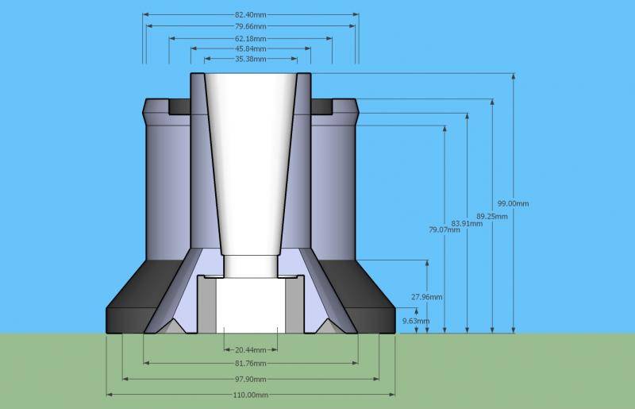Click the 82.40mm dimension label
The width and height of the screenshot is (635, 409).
[251, 14]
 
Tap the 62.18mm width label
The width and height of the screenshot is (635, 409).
[251, 38]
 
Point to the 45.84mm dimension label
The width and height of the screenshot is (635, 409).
[251, 49]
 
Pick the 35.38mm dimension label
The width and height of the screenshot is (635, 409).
[251, 60]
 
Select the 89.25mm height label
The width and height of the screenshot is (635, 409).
[492, 216]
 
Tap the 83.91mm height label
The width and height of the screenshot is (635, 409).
[467, 223]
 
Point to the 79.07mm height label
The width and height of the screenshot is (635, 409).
[444, 230]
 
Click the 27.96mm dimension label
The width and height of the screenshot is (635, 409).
[427, 297]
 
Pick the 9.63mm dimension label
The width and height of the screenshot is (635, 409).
[417, 321]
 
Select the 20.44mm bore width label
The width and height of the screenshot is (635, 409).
[251, 349]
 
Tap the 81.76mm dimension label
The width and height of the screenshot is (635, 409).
[251, 364]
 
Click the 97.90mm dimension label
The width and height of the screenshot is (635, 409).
[251, 379]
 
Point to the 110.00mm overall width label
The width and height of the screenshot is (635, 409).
[251, 394]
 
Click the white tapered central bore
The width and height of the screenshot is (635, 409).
[250, 159]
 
